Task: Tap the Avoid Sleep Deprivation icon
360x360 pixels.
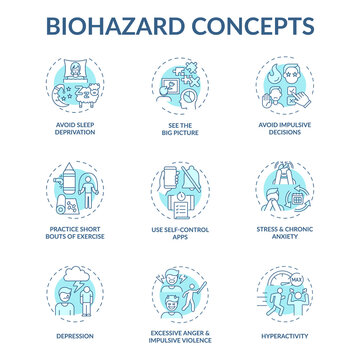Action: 77,88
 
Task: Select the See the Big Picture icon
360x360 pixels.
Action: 180,88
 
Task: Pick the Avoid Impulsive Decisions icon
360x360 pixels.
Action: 283,88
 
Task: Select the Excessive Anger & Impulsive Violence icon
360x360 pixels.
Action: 180,290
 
